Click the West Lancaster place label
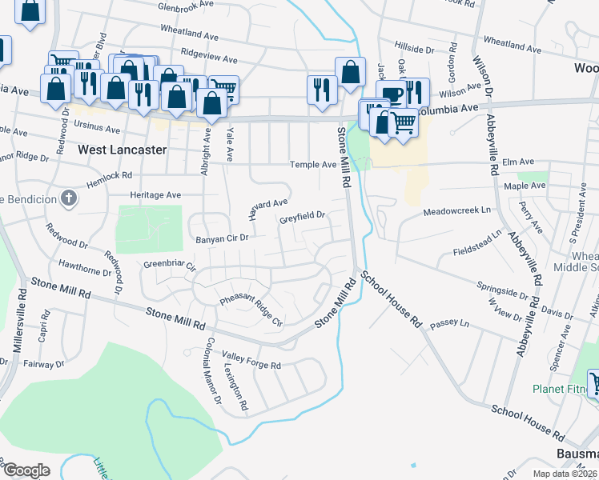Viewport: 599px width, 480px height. (x=123, y=150)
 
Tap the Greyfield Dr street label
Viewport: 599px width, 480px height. (x=302, y=215)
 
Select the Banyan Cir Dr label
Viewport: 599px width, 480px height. (x=222, y=238)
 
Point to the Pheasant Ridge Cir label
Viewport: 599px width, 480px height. (x=251, y=301)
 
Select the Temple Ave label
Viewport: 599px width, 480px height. (x=313, y=165)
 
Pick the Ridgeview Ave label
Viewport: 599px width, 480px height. (x=209, y=59)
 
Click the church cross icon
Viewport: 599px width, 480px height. (x=69, y=198)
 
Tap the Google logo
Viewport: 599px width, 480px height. (x=26, y=470)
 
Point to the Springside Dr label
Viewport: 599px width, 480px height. (x=502, y=289)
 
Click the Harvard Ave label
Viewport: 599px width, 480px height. (x=267, y=210)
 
